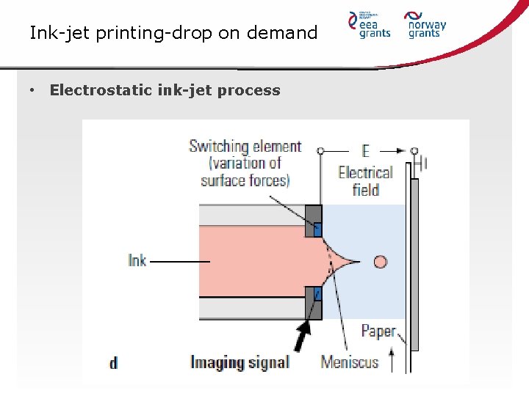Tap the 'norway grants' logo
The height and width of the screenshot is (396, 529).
[426, 24]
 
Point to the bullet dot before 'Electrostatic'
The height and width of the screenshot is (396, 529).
[32, 90]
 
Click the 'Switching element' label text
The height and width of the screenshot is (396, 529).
[245, 147]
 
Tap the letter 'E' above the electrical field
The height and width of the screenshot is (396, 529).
[365, 151]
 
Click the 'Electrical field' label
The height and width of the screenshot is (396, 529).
[365, 181]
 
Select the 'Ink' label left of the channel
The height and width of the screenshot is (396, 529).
[137, 260]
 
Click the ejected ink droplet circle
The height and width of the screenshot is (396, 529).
[380, 261]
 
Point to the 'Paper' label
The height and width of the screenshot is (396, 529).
[378, 331]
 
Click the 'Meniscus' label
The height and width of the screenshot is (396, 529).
[349, 362]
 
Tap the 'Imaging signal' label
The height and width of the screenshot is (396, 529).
[240, 362]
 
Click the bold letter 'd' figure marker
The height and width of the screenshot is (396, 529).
[113, 362]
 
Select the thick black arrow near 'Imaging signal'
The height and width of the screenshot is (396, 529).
[302, 338]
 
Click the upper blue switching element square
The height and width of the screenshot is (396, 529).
[317, 229]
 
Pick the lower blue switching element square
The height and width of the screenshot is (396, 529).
[317, 294]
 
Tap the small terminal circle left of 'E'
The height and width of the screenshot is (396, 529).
[320, 150]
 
